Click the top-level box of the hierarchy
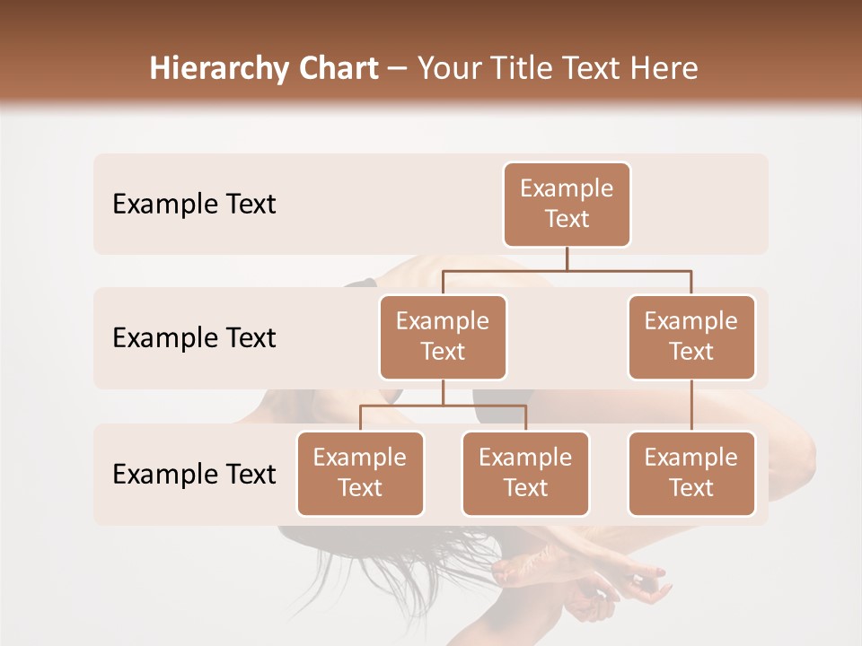click(x=567, y=204)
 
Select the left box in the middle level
click(x=443, y=336)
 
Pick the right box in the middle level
click(x=691, y=336)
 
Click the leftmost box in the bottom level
click(x=360, y=473)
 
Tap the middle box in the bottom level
click(x=525, y=473)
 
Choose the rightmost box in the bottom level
click(x=691, y=473)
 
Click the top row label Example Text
click(x=194, y=204)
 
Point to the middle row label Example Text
click(x=194, y=337)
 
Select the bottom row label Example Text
click(x=194, y=474)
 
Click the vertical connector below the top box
click(x=567, y=258)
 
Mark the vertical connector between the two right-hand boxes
click(x=691, y=406)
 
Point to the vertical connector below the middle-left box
click(x=443, y=392)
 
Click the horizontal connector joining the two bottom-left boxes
click(x=443, y=406)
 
